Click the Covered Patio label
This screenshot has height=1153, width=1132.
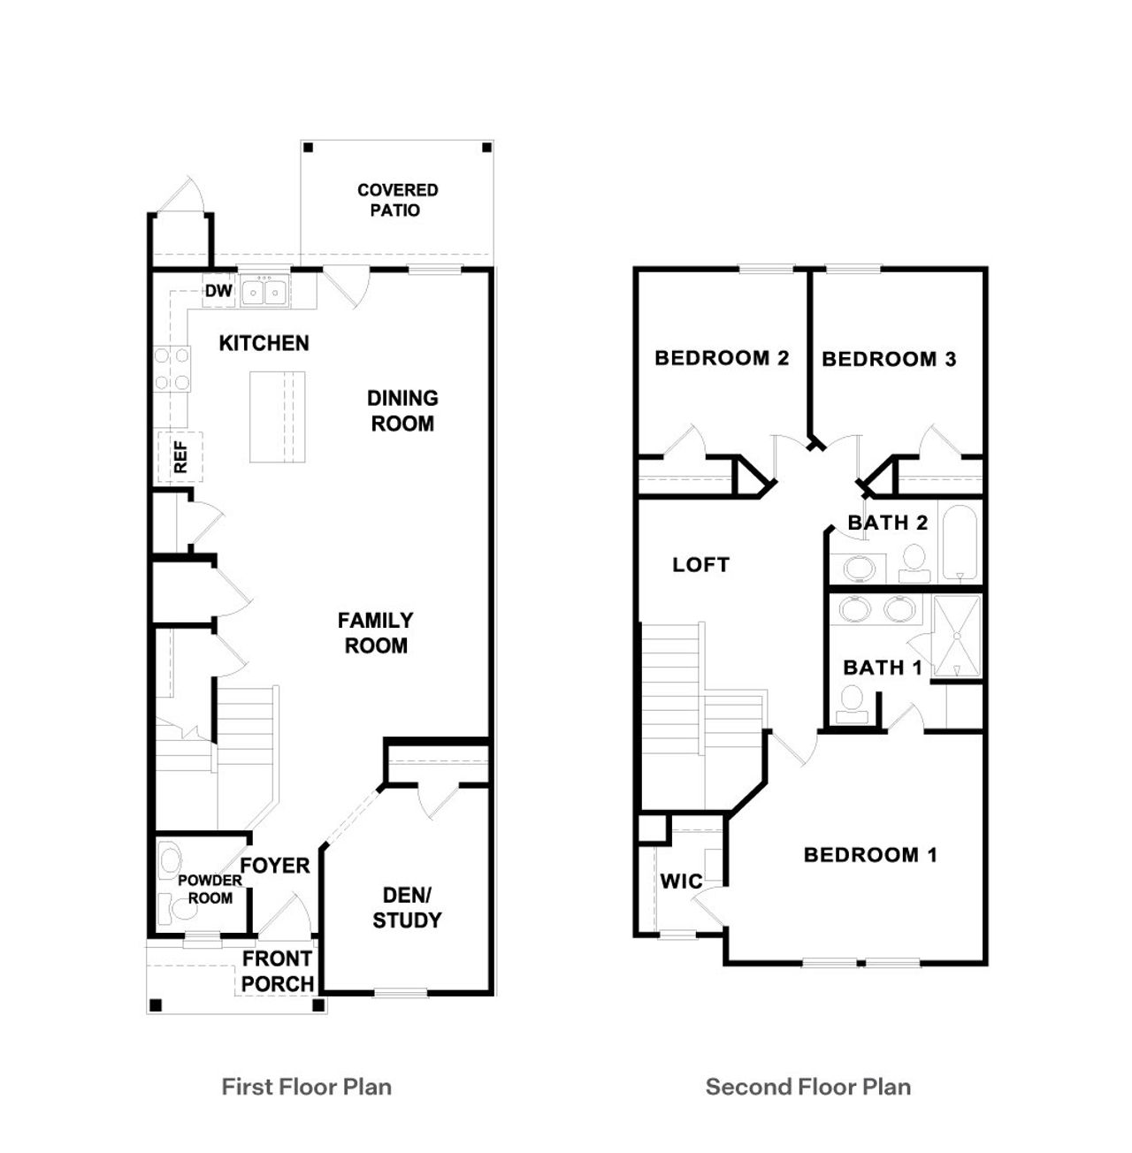(397, 200)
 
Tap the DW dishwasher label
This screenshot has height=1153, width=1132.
(218, 291)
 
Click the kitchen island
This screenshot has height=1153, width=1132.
(278, 416)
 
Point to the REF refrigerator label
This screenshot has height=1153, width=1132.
(180, 457)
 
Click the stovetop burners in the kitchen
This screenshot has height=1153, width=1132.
(172, 369)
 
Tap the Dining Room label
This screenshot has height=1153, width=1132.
(402, 410)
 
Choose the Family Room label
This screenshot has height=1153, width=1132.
(376, 632)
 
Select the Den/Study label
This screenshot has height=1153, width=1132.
(407, 907)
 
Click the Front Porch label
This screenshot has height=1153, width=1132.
(278, 971)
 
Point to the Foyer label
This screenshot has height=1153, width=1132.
(275, 866)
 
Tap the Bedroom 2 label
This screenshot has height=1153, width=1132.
(722, 358)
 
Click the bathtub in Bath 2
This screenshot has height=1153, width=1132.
(959, 542)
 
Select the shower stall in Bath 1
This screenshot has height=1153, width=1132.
(958, 636)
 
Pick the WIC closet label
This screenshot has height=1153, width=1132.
(681, 882)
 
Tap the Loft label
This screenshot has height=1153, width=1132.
(700, 564)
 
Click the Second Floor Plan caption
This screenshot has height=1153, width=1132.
(808, 1087)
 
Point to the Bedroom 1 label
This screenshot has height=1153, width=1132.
(870, 854)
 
